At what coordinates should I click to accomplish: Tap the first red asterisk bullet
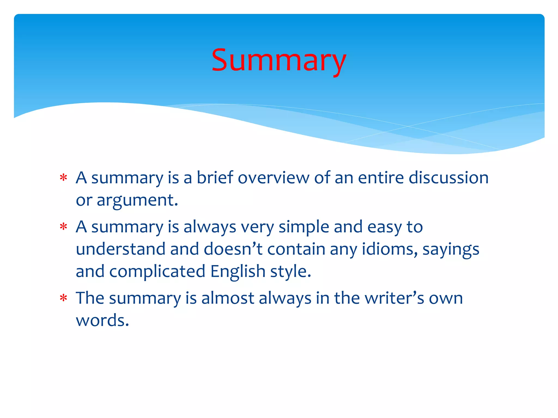coord(63,178)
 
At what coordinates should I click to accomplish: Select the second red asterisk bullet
coord(63,227)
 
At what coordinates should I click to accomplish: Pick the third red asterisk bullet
coord(63,298)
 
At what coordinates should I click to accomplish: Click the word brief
coord(215,177)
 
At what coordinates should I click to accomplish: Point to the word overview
coord(273,178)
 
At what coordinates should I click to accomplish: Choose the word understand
coord(120,249)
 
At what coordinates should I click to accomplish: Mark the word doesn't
coord(233,249)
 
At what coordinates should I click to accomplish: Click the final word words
coord(102,320)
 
